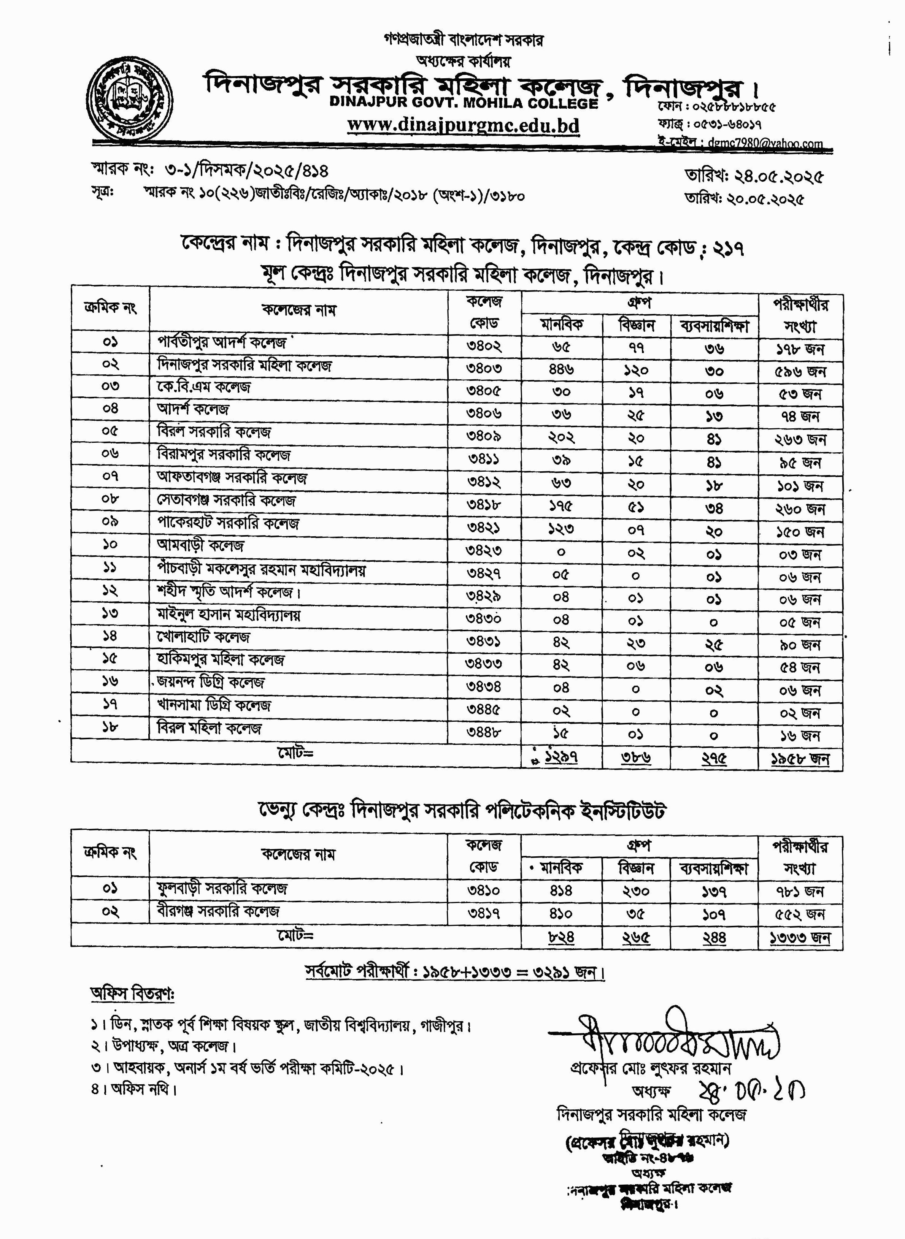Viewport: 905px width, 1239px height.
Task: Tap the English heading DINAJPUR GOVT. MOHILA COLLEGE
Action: point(464,103)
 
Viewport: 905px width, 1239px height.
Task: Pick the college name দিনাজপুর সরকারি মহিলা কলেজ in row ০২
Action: point(245,365)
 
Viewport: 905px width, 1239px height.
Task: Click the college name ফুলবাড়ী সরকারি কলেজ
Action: point(222,889)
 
